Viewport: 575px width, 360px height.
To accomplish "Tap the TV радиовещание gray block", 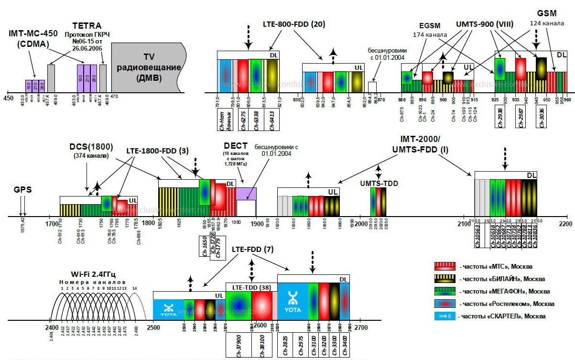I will coord(145,67).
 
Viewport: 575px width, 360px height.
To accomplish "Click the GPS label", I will coord(22,189).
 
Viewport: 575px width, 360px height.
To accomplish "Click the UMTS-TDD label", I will coord(379,183).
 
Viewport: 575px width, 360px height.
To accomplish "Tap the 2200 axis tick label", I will coord(565,224).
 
